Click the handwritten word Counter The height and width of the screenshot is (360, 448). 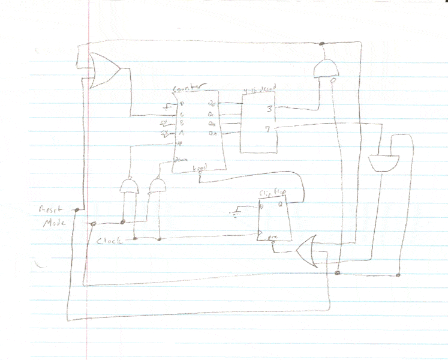click(190, 89)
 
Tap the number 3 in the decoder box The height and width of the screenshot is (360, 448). click(269, 109)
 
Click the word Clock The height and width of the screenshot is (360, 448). click(109, 241)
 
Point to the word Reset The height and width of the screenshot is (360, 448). click(52, 210)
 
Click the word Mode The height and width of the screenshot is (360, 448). click(53, 223)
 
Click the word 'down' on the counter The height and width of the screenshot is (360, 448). click(181, 160)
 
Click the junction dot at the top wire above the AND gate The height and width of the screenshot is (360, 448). click(322, 43)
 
